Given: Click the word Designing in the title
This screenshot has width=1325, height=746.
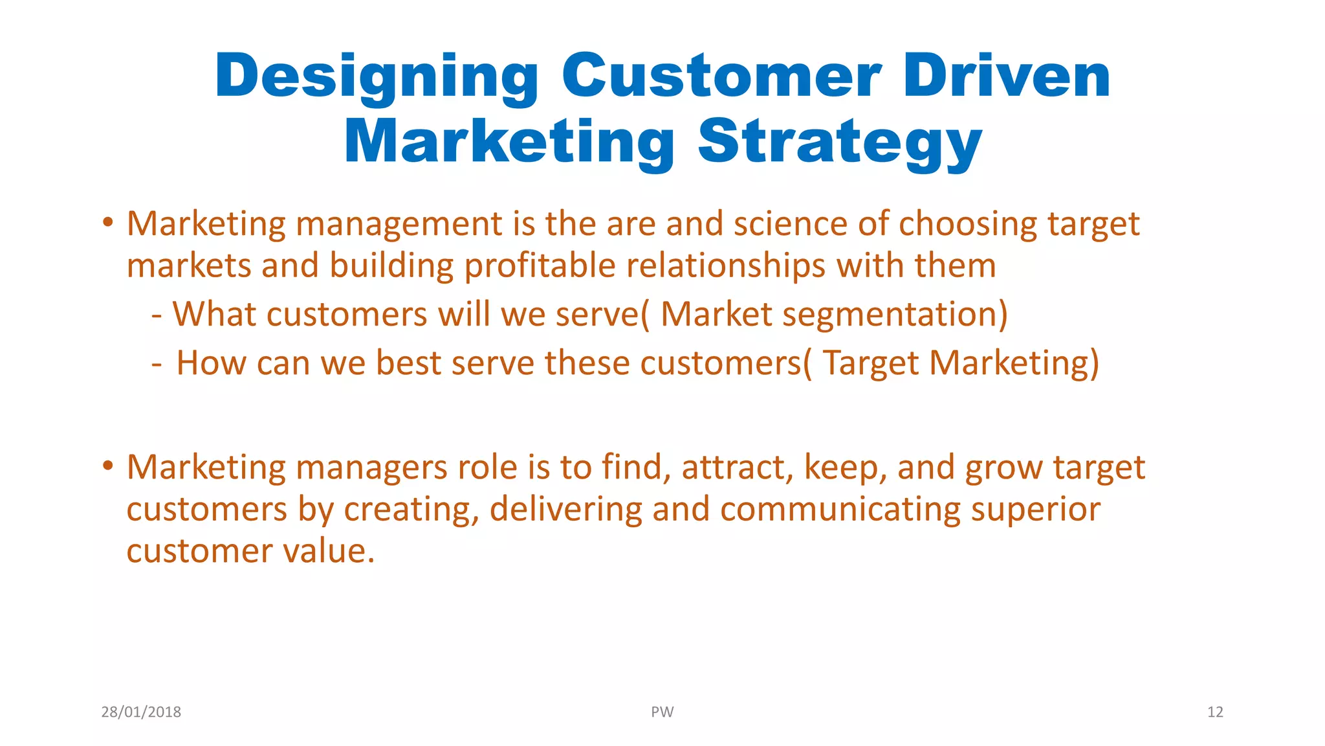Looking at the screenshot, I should coord(377,78).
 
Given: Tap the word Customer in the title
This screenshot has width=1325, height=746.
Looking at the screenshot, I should coord(721,76).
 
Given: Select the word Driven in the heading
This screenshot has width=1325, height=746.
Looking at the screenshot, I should coord(1007,76).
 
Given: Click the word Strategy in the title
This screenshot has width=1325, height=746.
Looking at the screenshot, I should coord(840,142).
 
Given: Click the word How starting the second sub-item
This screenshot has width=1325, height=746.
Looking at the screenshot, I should coord(211,363).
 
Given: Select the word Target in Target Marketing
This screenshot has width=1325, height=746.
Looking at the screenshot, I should coord(871,364).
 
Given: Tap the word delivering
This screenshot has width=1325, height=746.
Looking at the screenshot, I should coord(565,510).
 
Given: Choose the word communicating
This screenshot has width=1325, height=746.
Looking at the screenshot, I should coord(840,510).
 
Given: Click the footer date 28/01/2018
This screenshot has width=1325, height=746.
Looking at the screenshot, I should coord(141,712).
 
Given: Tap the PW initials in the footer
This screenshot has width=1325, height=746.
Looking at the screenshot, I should coord(662,712).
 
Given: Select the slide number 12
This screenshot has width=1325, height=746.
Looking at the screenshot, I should coord(1214,712).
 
